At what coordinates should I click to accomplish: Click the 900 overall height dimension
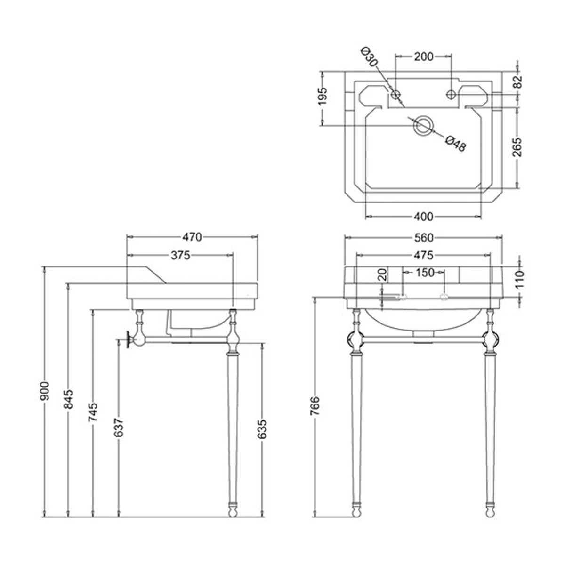[x=45, y=390]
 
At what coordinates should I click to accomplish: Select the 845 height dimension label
[x=68, y=399]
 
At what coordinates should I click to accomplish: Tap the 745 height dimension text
[x=93, y=412]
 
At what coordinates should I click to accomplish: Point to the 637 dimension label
[x=119, y=428]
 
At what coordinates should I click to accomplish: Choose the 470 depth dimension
[x=192, y=237]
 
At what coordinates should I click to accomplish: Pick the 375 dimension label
[x=181, y=255]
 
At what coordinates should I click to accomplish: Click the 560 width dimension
[x=424, y=237]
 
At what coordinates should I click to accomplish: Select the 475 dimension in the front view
[x=424, y=255]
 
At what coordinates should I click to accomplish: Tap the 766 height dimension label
[x=315, y=406]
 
